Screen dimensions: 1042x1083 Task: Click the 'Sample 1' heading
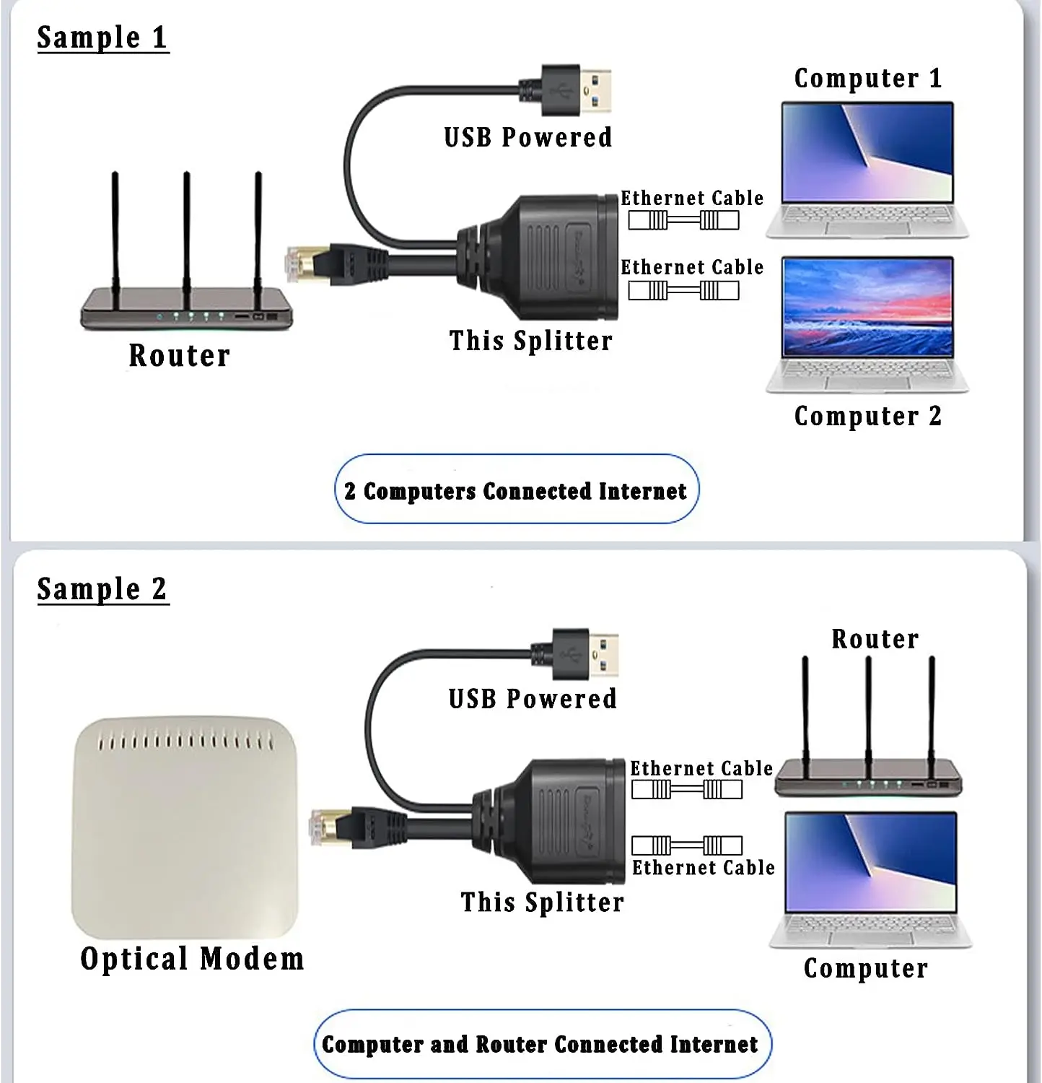[102, 38]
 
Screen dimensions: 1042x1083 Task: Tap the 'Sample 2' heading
[102, 589]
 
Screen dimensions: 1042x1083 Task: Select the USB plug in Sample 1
[577, 91]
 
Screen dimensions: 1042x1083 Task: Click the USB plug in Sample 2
[585, 654]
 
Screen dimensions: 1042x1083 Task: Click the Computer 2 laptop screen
[867, 306]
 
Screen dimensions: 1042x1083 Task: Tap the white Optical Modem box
[185, 827]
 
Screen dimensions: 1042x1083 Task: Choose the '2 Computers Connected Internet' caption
[516, 491]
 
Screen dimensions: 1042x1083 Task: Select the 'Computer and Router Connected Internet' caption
[540, 1045]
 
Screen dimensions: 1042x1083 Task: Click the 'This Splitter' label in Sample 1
[530, 341]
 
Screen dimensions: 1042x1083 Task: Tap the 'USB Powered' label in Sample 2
[533, 699]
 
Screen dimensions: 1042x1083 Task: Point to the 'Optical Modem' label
[192, 960]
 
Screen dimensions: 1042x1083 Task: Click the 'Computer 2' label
[867, 417]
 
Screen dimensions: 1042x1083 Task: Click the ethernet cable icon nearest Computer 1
[683, 220]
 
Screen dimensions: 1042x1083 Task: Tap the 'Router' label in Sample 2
[875, 639]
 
